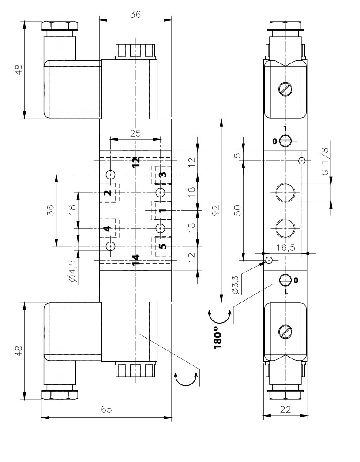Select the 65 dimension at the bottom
coord(106,409)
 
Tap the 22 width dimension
coord(285,409)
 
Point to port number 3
coord(162,175)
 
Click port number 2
coord(107,193)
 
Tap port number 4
coord(107,228)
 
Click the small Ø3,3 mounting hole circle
coord(269,260)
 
